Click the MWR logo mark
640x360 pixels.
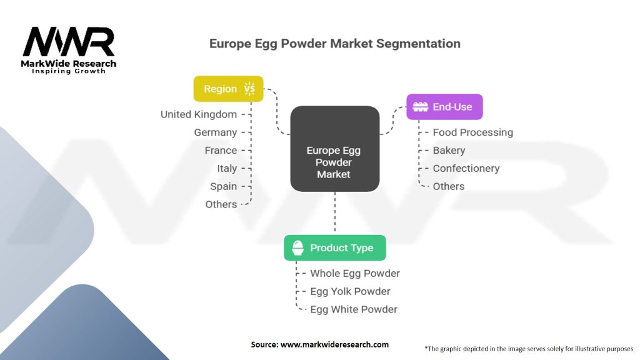pos(69,42)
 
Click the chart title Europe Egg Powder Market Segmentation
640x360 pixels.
pos(334,44)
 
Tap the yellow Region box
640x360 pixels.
pos(229,89)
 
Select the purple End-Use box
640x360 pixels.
pos(444,107)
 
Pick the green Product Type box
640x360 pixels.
pos(334,248)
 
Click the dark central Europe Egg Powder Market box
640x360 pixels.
pos(334,149)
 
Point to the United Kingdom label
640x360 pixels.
pos(199,114)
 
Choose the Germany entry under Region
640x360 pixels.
pos(216,132)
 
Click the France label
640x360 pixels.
pos(221,151)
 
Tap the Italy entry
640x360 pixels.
pos(227,168)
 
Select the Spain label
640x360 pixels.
pos(224,186)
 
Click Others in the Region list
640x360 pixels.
pos(221,204)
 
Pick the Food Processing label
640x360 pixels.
pos(472,132)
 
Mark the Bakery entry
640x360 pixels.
pos(449,151)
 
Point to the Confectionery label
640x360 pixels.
pos(466,168)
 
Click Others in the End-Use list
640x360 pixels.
pos(449,186)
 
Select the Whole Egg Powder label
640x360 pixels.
pos(355,273)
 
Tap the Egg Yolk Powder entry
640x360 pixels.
pos(350,291)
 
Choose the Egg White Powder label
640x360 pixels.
pos(354,309)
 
